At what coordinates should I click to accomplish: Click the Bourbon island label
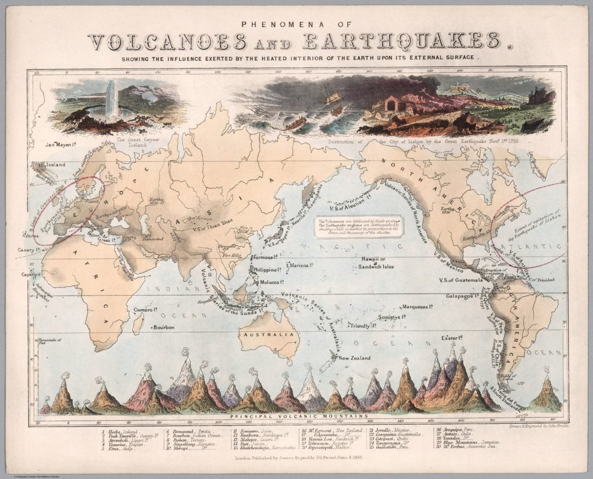pyautogui.click(x=164, y=327)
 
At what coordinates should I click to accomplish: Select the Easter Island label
pyautogui.click(x=453, y=338)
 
